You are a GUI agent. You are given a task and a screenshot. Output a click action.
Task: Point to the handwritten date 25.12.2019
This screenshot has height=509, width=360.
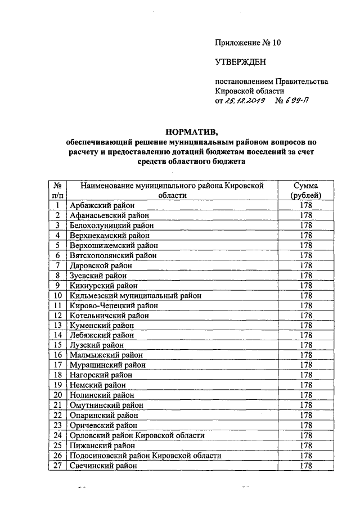pyautogui.click(x=245, y=102)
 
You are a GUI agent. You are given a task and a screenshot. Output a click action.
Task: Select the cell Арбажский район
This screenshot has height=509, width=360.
pyautogui.click(x=98, y=206)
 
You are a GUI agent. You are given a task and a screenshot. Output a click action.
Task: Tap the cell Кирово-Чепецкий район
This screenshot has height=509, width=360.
pyautogui.click(x=113, y=305)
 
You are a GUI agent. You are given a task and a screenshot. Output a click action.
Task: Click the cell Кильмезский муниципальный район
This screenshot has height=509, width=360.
pyautogui.click(x=135, y=295)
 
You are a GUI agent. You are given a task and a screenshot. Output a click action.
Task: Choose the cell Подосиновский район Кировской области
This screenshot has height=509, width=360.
pyautogui.click(x=145, y=455)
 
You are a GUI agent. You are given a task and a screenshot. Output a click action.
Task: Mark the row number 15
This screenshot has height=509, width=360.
pyautogui.click(x=57, y=345)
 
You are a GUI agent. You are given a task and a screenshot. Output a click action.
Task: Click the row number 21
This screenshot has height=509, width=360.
pyautogui.click(x=57, y=405)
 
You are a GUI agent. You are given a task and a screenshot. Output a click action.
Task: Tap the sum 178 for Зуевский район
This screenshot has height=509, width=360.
pyautogui.click(x=306, y=276)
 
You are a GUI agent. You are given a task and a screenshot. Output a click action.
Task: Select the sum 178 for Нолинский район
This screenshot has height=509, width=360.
pyautogui.click(x=306, y=395)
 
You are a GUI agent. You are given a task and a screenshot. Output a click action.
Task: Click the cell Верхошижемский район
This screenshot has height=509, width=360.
pyautogui.click(x=114, y=246)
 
